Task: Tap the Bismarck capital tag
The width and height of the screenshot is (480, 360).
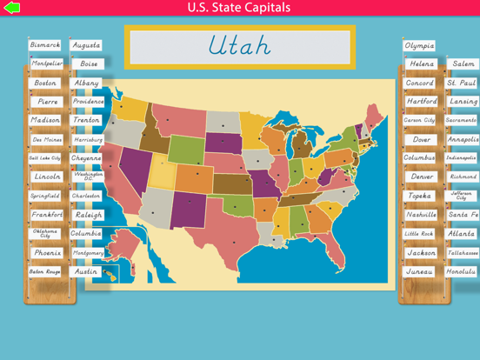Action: coord(45,45)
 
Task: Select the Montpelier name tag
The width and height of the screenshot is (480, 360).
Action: coord(47,64)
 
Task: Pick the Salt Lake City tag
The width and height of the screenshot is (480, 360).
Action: coord(45,158)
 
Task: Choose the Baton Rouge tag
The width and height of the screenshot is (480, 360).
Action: coord(45,272)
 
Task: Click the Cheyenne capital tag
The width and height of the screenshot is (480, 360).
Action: coord(86,158)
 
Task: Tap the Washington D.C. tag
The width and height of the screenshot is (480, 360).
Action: coord(86,177)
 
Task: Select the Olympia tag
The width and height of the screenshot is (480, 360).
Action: coord(419,45)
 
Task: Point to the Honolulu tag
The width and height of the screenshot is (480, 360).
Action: coord(462,271)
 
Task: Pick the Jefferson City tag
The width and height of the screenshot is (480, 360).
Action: coord(462,196)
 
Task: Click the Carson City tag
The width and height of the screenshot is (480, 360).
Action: coord(419,120)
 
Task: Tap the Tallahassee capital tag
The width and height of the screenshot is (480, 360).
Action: coord(462,253)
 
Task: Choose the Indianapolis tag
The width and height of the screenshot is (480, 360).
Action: coord(462,158)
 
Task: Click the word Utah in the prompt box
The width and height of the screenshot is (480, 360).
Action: coord(239,46)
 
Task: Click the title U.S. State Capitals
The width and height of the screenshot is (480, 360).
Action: coord(239,8)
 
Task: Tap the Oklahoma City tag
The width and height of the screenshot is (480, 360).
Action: coord(45,234)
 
